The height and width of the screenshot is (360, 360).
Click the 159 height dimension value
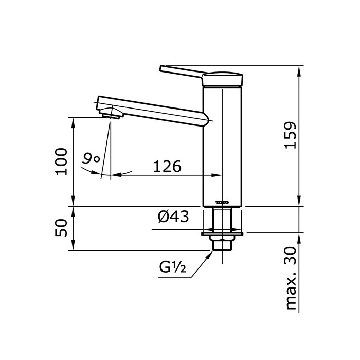click(291, 135)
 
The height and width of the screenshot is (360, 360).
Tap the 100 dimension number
click(62, 161)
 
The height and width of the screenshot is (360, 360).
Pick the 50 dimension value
click(62, 228)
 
